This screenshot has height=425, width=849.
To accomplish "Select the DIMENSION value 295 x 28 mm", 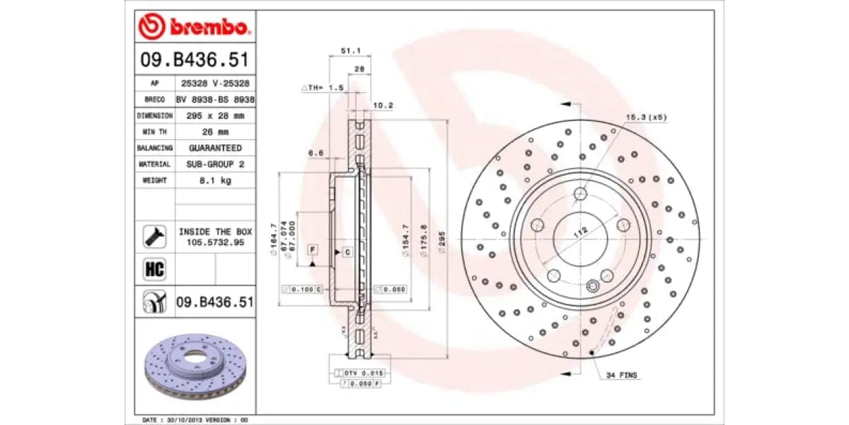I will (215, 115).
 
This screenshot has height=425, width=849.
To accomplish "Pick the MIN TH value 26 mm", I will (215, 131).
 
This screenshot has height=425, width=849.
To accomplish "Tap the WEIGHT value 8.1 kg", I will (215, 180).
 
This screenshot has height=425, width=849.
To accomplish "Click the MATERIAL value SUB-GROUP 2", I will (215, 164).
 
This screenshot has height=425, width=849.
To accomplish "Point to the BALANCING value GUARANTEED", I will (215, 147).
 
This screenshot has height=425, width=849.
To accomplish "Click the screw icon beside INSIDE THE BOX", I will (154, 237).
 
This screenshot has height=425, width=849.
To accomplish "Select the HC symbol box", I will (154, 269).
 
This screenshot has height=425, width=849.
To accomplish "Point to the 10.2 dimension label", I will (383, 106).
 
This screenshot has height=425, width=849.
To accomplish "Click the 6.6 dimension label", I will (316, 153).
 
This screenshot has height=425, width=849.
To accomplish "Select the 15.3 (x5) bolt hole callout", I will (645, 117).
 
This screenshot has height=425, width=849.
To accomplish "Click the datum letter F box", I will (311, 251).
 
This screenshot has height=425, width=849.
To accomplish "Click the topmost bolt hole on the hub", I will (581, 193).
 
